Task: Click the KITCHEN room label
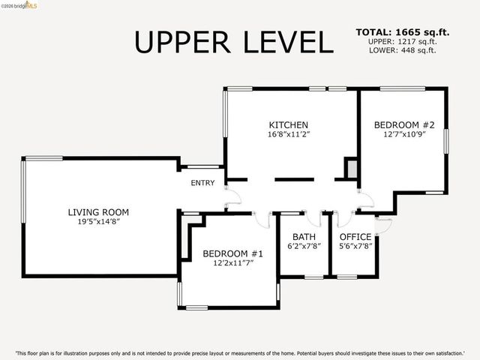click(288, 125)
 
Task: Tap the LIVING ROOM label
click(98, 212)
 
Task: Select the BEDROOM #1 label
click(232, 253)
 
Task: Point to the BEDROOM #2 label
click(404, 125)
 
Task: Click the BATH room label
click(304, 237)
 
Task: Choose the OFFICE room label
click(355, 237)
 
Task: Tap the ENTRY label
click(202, 183)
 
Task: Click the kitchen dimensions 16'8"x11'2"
click(289, 134)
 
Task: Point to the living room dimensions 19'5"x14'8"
click(98, 222)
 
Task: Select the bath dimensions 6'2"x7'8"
click(304, 246)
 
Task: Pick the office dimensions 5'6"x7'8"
click(355, 246)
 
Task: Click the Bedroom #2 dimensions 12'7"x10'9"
click(404, 134)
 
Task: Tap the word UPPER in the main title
click(181, 42)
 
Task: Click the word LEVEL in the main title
click(288, 42)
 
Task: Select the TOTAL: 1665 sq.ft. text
click(403, 32)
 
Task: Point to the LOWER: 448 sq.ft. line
click(402, 50)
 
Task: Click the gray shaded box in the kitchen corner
click(352, 169)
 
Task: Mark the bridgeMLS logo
click(19, 5)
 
